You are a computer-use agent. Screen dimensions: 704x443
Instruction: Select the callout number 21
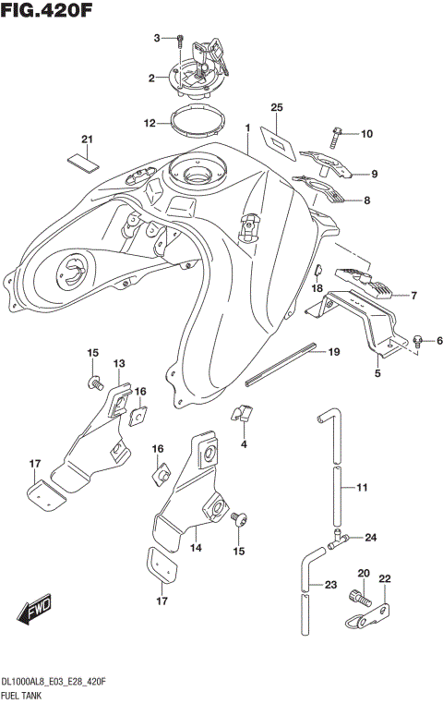click(x=88, y=140)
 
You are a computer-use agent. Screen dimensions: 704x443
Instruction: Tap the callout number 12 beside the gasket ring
click(x=150, y=122)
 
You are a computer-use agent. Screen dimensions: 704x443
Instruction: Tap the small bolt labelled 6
click(x=418, y=341)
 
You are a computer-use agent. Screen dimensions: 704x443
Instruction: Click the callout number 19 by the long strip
click(x=334, y=352)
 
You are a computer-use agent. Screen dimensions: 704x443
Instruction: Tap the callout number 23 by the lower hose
click(x=330, y=585)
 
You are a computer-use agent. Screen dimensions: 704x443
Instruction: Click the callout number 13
click(x=119, y=364)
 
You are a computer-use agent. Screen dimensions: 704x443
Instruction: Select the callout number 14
click(x=195, y=548)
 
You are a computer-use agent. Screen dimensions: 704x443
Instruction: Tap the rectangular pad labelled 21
click(x=83, y=160)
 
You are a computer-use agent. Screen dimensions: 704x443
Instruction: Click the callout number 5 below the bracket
click(x=352, y=374)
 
